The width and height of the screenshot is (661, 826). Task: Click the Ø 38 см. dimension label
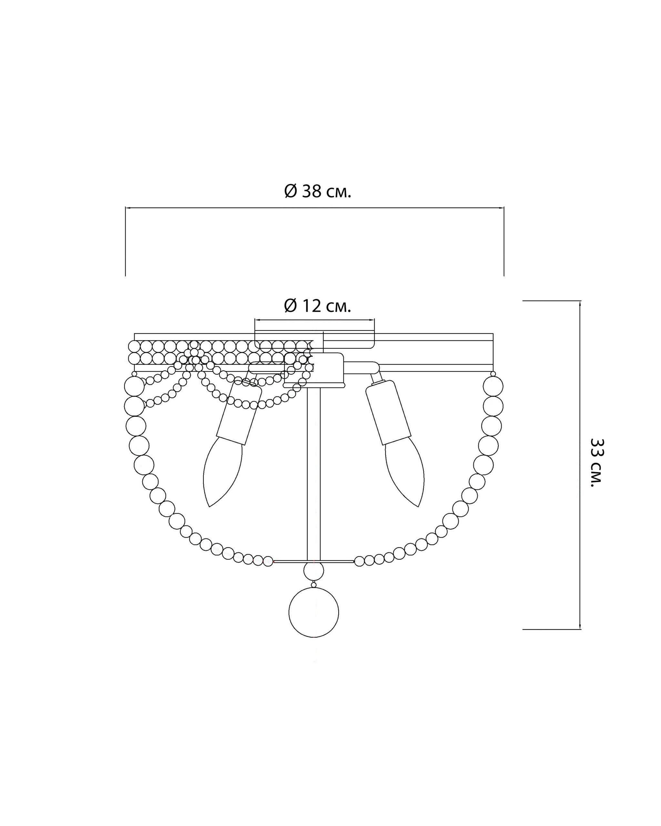point(318,191)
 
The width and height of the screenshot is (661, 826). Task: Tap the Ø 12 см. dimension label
point(318,306)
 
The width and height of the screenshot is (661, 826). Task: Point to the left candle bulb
point(222,473)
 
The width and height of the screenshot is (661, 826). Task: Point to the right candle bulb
point(405,473)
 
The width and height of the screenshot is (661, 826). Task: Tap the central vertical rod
point(314,474)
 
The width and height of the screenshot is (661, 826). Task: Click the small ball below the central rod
point(313,571)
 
